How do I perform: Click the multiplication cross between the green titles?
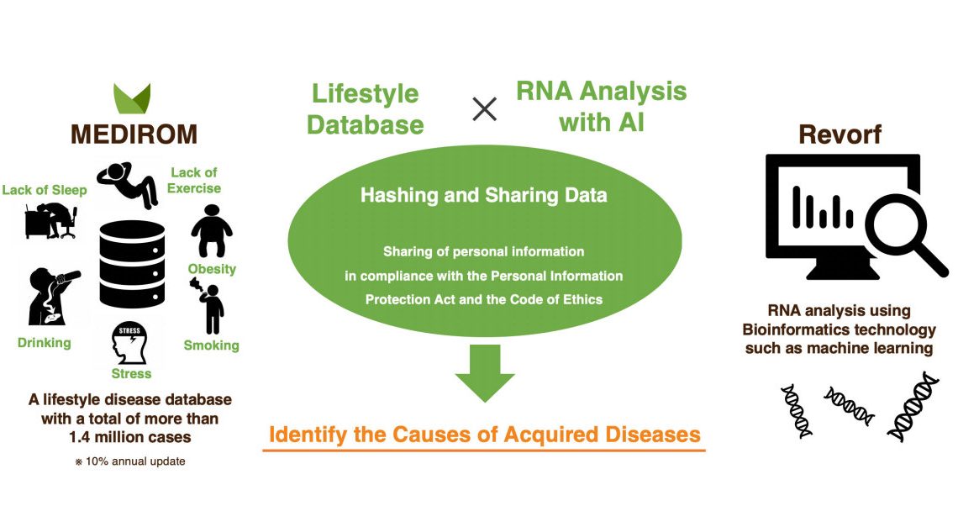[484, 108]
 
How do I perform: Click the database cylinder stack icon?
[132, 263]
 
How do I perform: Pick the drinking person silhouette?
[50, 297]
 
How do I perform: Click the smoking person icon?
[212, 308]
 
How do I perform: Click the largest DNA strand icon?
[913, 407]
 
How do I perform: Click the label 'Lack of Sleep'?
[45, 190]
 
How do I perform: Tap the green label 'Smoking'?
[212, 345]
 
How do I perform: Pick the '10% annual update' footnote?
[134, 461]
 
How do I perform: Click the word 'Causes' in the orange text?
[450, 435]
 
